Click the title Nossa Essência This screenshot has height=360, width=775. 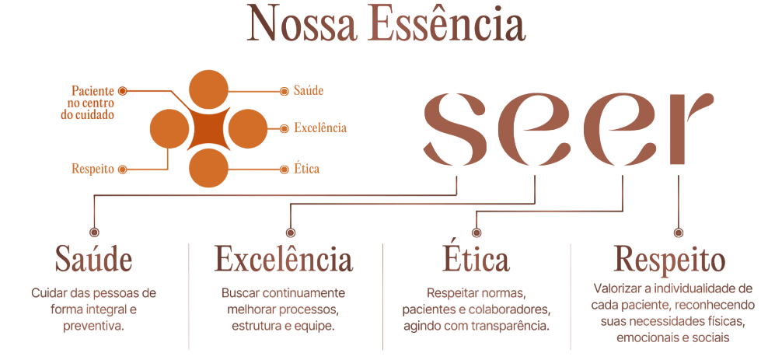[386, 23]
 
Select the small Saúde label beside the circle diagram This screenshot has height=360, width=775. [309, 91]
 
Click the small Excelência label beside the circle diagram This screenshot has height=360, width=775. [320, 128]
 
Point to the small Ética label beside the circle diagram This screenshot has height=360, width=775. [307, 168]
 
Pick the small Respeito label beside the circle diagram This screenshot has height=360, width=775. [93, 168]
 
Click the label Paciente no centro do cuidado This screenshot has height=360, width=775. [92, 103]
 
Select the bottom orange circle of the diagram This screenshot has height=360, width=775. [208, 167]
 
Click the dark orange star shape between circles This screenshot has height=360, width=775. [208, 128]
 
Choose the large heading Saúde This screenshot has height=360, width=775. [93, 259]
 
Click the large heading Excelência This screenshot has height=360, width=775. [283, 259]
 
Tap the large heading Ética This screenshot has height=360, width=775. [475, 259]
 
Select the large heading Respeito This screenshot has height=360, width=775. [669, 259]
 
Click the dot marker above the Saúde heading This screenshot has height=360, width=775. [94, 232]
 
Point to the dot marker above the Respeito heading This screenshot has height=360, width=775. [679, 232]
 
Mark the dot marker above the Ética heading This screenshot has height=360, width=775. [477, 232]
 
